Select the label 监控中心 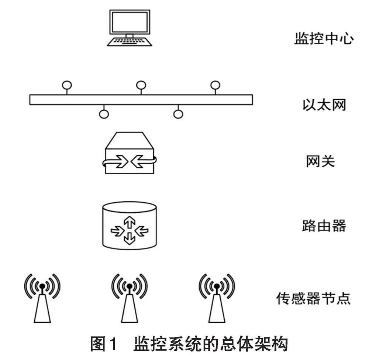click(324, 39)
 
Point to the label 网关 click(320, 161)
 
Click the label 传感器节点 click(313, 298)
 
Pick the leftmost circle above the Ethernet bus click(67, 85)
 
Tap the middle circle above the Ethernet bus click(141, 85)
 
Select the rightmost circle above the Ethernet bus click(215, 85)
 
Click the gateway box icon click(129, 154)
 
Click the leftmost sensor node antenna click(42, 299)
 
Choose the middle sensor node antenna click(129, 299)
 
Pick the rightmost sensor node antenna click(217, 299)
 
